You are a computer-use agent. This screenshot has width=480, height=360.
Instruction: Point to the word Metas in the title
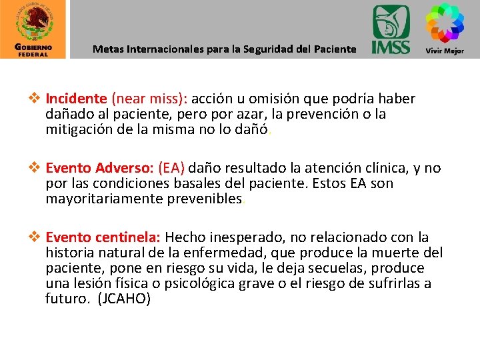coord(107,49)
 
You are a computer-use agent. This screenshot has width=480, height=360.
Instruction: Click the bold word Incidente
coord(76,99)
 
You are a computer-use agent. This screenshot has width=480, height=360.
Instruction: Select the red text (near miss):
coord(151,99)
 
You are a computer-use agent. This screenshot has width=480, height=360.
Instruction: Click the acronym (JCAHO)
coord(125,299)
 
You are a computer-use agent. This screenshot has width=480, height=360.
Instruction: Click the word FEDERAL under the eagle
coord(33,55)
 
